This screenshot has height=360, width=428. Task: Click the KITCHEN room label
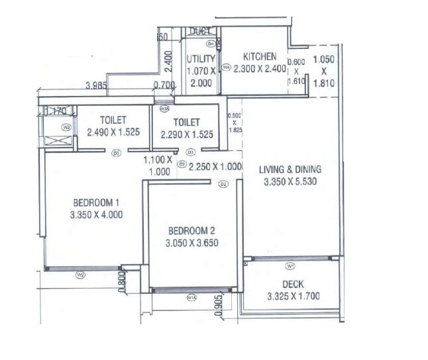(259, 56)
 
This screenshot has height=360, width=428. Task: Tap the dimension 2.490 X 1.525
(113, 132)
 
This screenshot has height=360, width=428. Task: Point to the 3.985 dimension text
(97, 85)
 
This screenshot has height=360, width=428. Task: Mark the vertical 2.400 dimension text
(168, 62)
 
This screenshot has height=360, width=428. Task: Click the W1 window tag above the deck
(290, 266)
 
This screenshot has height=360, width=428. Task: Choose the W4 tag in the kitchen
(225, 67)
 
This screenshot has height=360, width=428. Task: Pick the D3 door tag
(189, 152)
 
